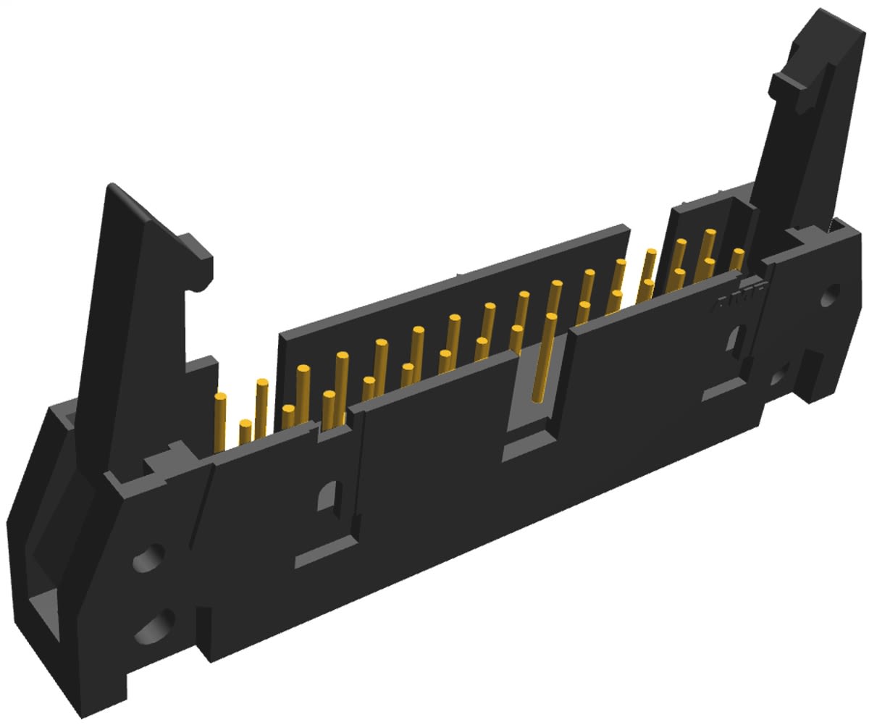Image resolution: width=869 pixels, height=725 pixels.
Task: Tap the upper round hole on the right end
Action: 831,295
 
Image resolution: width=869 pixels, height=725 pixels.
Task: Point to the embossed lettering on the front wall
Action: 739,297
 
